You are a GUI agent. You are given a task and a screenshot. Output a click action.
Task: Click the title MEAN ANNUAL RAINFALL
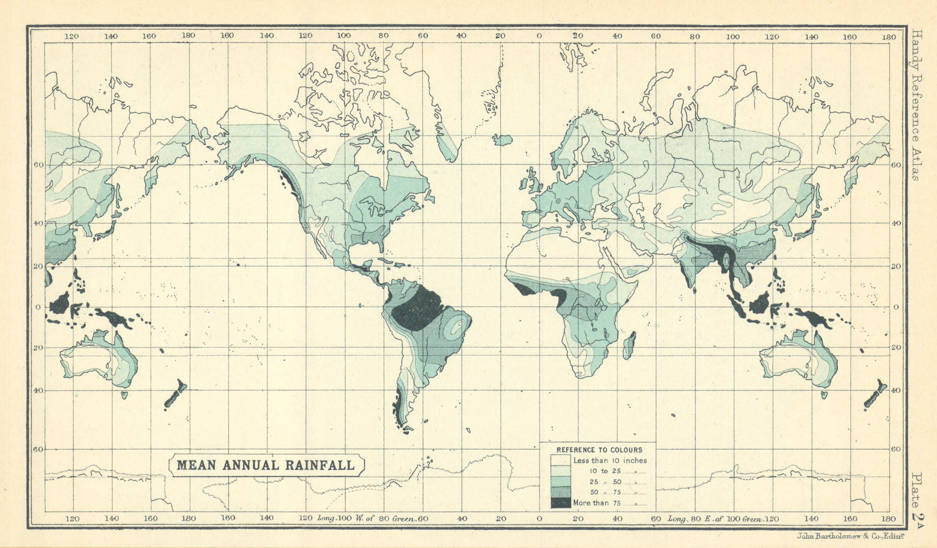point(265,465)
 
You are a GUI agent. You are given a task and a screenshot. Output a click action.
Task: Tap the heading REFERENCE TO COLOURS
point(599,450)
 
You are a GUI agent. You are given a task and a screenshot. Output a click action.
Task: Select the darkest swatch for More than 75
point(560,503)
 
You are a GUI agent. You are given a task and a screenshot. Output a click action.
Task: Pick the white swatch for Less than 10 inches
point(560,461)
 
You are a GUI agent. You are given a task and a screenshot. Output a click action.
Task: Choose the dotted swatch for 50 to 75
point(560,492)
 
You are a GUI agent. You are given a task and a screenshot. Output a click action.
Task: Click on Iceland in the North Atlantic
point(502,139)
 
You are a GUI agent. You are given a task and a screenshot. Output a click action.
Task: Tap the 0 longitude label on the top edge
point(539,36)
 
